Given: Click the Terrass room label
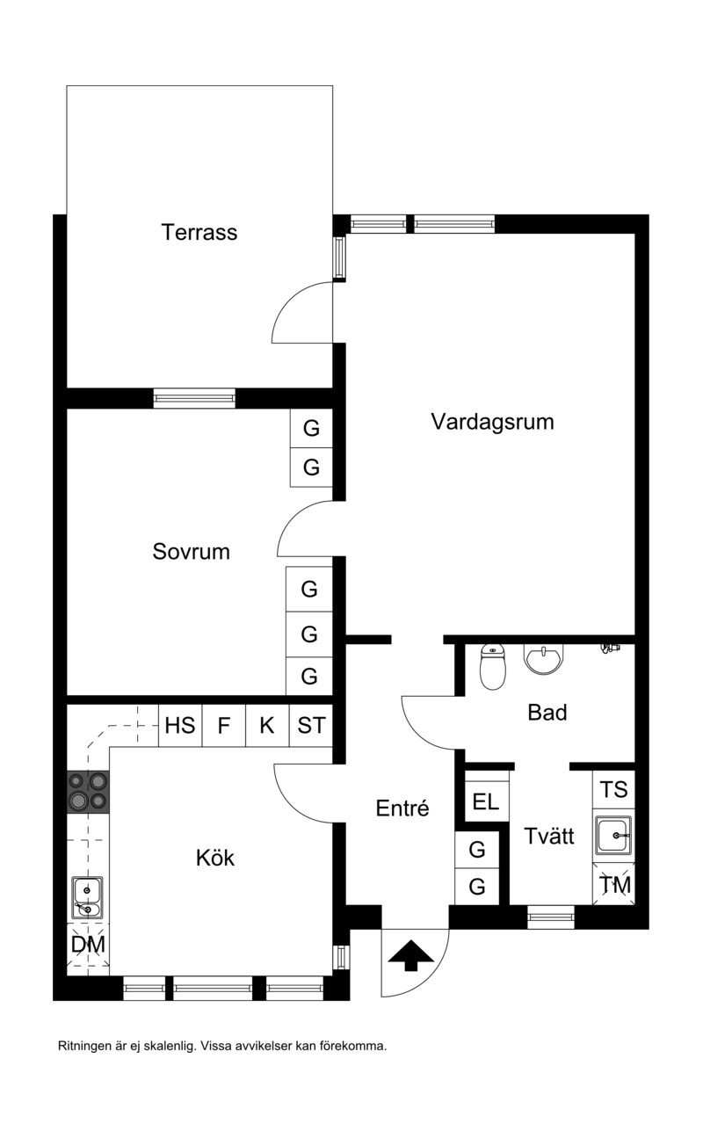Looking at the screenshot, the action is (x=199, y=232).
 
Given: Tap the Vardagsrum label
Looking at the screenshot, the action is (x=492, y=422).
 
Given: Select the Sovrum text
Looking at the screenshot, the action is (x=191, y=551).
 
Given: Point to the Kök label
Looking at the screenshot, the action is (x=215, y=858).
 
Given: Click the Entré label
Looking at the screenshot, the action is (x=402, y=808).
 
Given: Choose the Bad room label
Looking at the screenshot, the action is (x=547, y=713).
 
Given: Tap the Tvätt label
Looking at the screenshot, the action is (x=549, y=836).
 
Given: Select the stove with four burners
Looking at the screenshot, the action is (x=88, y=792).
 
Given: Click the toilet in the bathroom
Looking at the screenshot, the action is (x=492, y=666).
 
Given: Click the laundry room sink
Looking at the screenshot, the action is (x=613, y=835).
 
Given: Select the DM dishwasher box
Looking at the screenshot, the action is (x=89, y=945).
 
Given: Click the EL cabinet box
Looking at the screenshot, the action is (x=487, y=801).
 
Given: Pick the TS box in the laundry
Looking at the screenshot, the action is (x=613, y=789).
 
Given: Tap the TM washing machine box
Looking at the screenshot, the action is (x=613, y=884).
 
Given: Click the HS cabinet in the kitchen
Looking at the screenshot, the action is (x=180, y=725).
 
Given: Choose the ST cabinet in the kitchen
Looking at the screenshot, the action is (x=311, y=725).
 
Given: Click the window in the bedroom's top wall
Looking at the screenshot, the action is (x=194, y=398).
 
